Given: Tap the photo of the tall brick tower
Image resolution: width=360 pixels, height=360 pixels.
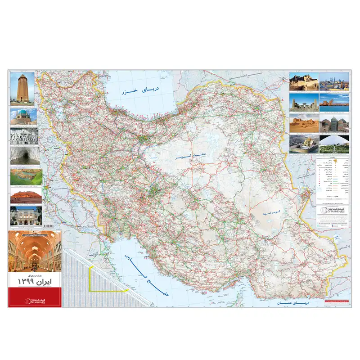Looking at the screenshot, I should click(22, 89).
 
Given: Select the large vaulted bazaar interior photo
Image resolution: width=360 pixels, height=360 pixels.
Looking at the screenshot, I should click(34, 252).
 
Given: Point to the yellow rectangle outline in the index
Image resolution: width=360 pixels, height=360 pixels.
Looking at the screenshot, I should click(108, 279).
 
